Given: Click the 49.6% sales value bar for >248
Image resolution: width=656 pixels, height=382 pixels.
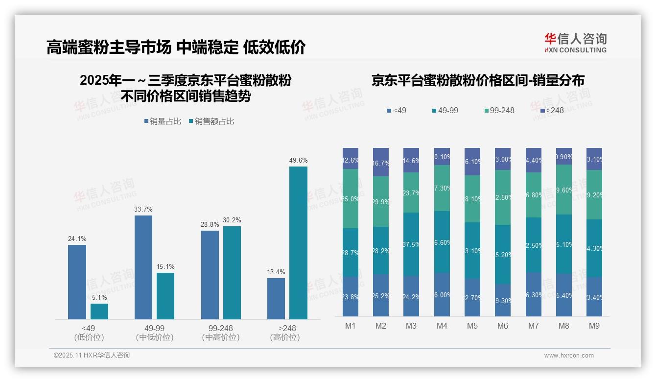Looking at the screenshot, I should [298, 243].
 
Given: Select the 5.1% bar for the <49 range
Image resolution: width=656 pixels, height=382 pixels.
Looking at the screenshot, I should [99, 311].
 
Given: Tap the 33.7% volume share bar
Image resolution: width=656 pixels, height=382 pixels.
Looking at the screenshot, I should [143, 267].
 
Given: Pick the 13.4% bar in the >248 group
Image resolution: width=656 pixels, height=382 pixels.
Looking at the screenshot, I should [276, 299].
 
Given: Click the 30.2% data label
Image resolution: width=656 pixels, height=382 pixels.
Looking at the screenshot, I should [232, 220].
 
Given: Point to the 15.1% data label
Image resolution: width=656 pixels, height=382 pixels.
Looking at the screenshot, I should [165, 267].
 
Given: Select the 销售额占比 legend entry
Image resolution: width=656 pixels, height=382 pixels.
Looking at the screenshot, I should [211, 121].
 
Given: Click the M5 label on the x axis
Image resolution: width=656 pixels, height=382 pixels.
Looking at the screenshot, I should [472, 326].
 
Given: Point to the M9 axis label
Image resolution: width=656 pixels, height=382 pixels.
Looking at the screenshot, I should [594, 326].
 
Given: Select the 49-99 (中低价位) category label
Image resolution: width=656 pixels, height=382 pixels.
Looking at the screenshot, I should [155, 333].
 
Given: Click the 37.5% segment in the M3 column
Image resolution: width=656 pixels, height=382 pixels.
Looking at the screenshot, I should [411, 244].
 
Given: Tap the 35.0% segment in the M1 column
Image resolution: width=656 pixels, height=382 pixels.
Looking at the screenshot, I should [351, 198].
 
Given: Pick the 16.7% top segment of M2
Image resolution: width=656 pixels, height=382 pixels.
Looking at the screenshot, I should [381, 162].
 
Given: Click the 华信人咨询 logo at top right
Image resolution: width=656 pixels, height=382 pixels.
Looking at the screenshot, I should [575, 43].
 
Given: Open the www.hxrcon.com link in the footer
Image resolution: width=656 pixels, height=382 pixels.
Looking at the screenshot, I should [569, 356].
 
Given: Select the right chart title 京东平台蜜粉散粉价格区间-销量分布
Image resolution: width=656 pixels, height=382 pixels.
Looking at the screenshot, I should [478, 81].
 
